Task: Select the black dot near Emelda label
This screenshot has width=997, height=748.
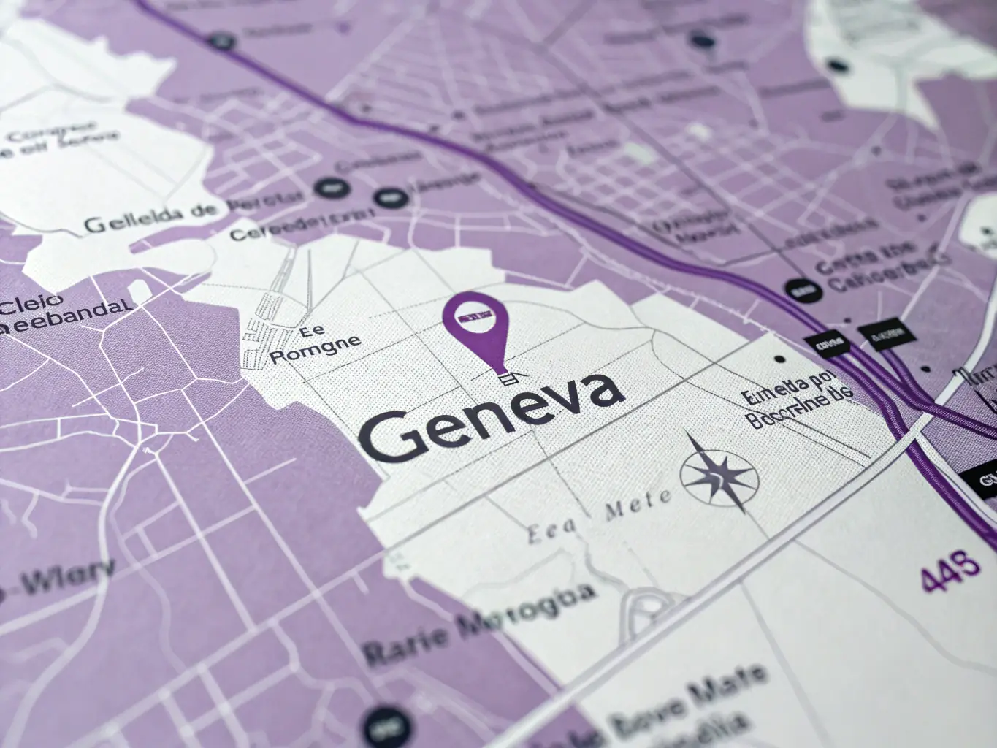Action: click(x=780, y=359)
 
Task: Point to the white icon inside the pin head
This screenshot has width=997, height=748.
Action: click(x=475, y=316)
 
